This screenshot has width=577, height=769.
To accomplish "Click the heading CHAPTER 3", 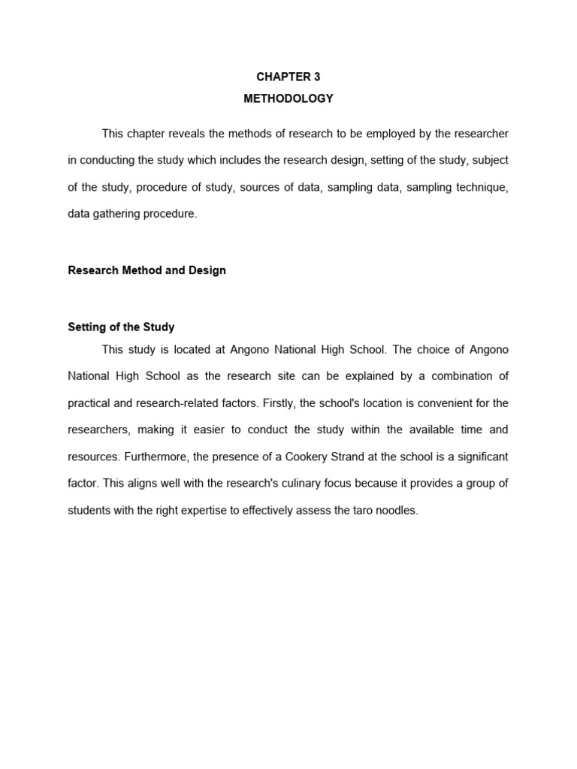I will coord(288,77).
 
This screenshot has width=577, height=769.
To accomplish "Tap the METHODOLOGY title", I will coord(288,98).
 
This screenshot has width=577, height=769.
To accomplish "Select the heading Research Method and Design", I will coord(147,270).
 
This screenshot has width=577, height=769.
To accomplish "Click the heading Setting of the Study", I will coord(121,327).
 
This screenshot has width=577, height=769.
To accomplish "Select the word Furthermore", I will coord(153,457).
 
